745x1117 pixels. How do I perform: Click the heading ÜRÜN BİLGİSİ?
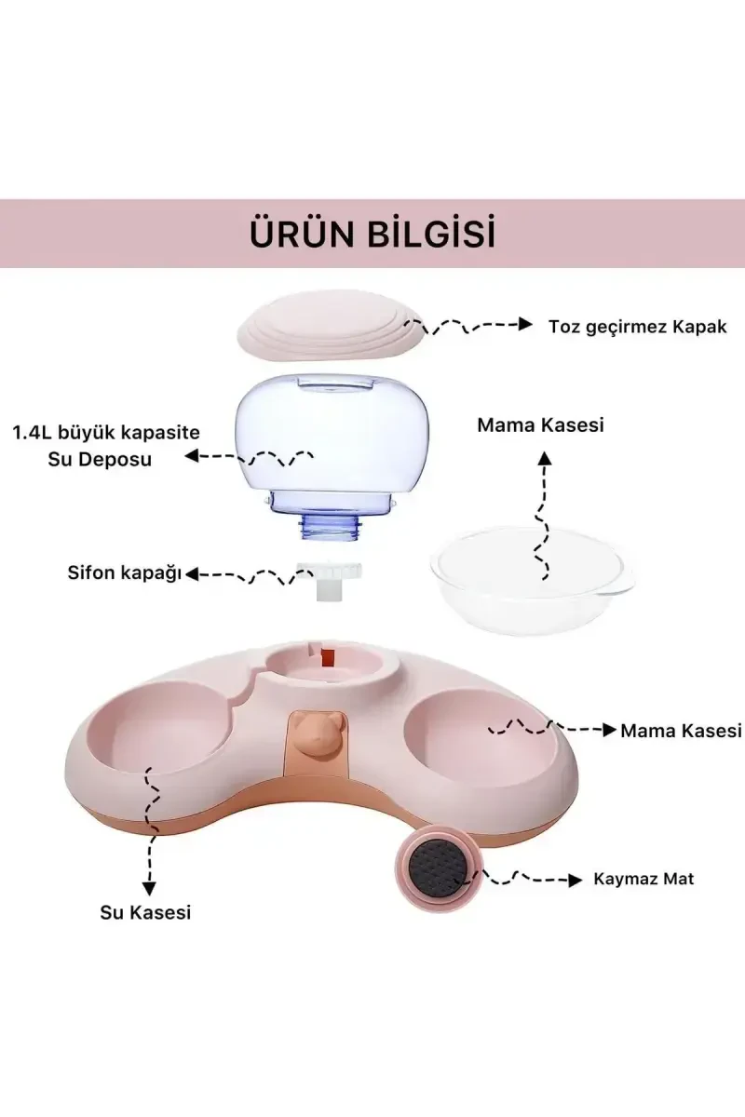(372, 234)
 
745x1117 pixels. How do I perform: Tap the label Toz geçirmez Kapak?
(638, 326)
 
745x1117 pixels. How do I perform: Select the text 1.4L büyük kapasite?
(106, 434)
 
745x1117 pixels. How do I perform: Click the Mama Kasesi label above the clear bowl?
(541, 424)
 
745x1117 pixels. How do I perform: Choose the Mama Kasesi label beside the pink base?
(681, 731)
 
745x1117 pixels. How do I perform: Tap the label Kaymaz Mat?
(643, 879)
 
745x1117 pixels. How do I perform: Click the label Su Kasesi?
(145, 912)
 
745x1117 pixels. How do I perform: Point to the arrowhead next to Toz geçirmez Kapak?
(527, 325)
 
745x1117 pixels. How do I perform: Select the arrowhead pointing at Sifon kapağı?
(193, 575)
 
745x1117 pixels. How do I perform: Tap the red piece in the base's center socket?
(328, 656)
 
